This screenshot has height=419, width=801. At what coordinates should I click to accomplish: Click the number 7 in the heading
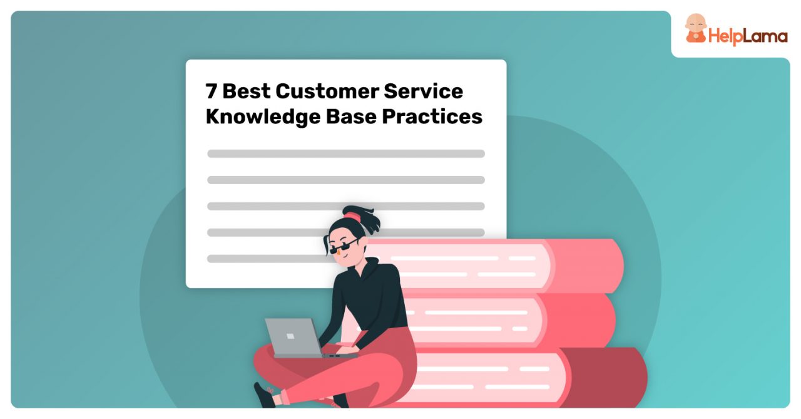[212, 91]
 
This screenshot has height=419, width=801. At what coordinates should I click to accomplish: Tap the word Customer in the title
[327, 91]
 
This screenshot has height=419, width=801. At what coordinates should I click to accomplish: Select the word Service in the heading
[424, 91]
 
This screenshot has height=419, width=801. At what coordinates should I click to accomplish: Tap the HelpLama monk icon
[695, 29]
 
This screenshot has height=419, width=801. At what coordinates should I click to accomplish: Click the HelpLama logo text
[747, 37]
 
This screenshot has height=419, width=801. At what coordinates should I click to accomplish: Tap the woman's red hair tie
[352, 217]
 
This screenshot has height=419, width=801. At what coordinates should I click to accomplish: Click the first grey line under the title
[345, 153]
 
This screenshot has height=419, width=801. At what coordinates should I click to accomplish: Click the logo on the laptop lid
[290, 336]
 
